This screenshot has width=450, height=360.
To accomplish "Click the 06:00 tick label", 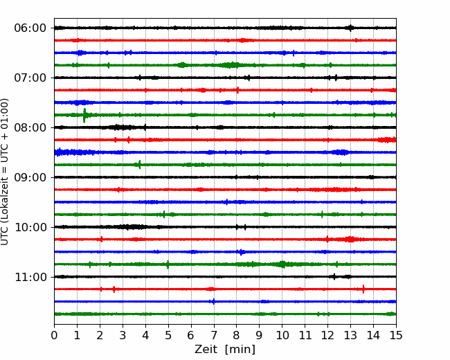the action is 30,28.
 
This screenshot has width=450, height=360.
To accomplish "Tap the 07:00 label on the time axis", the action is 30,78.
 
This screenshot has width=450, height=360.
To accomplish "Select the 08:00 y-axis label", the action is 30,127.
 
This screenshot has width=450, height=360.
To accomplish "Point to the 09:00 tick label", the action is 30,177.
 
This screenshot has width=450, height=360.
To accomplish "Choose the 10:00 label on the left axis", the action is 30,227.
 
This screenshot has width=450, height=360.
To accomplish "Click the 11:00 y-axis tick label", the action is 30,277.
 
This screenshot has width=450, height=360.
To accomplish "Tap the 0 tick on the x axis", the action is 54,335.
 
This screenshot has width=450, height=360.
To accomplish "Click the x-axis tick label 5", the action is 168,335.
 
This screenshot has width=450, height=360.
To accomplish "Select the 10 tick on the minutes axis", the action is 282,335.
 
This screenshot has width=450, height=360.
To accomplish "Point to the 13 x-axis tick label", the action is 350,335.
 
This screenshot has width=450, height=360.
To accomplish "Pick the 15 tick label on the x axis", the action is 396,335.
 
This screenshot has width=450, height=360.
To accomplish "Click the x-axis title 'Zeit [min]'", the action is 225,350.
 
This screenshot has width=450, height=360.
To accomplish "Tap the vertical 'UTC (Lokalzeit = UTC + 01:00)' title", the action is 5,172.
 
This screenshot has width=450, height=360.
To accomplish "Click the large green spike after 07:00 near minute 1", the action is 84,116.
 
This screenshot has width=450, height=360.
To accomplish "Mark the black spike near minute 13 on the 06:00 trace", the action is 350,28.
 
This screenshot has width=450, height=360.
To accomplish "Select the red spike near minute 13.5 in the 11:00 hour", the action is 363,289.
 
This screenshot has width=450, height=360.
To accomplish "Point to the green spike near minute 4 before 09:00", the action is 139,165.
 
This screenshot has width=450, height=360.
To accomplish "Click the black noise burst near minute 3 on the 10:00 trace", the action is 133,227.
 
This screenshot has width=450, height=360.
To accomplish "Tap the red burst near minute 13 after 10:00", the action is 350,239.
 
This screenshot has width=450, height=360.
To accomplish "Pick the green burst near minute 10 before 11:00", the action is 282,264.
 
